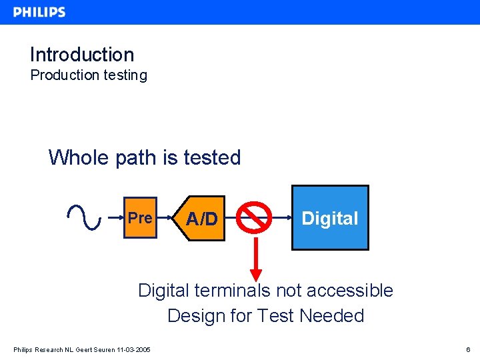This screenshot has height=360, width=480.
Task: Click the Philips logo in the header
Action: point(39,12)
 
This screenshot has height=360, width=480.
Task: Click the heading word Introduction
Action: point(82,55)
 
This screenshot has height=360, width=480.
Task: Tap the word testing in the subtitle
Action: point(125,75)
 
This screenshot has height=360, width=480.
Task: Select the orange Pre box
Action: point(140,218)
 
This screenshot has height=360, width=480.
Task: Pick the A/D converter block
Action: point(202,219)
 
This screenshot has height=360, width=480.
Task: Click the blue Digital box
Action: point(330,218)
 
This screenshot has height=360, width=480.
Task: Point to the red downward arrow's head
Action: point(255,274)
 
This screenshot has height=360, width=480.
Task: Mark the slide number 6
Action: point(469,349)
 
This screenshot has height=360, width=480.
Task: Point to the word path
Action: point(135,158)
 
